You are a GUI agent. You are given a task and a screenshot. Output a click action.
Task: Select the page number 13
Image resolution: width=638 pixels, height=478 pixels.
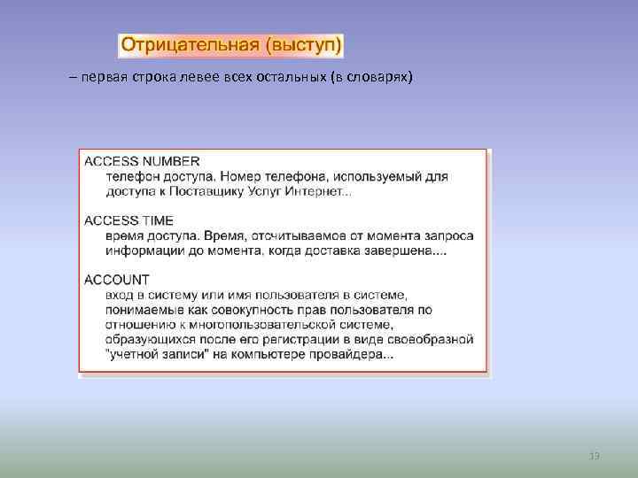coord(595,456)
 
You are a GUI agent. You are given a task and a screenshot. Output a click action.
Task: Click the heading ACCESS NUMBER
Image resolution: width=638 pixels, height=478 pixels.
coord(142,161)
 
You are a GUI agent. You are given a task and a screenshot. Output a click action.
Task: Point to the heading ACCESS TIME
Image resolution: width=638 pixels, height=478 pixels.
coord(129,220)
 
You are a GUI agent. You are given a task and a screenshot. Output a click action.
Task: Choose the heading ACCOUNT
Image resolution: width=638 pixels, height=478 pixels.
coord(117,280)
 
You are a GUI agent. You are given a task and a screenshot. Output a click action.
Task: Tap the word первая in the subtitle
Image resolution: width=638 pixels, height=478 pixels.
coord(103,78)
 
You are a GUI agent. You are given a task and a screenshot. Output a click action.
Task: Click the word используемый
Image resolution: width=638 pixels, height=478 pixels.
coord(380,176)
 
